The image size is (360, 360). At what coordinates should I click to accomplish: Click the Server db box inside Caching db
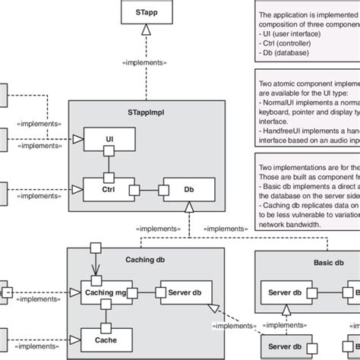pyautogui.click(x=184, y=292)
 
